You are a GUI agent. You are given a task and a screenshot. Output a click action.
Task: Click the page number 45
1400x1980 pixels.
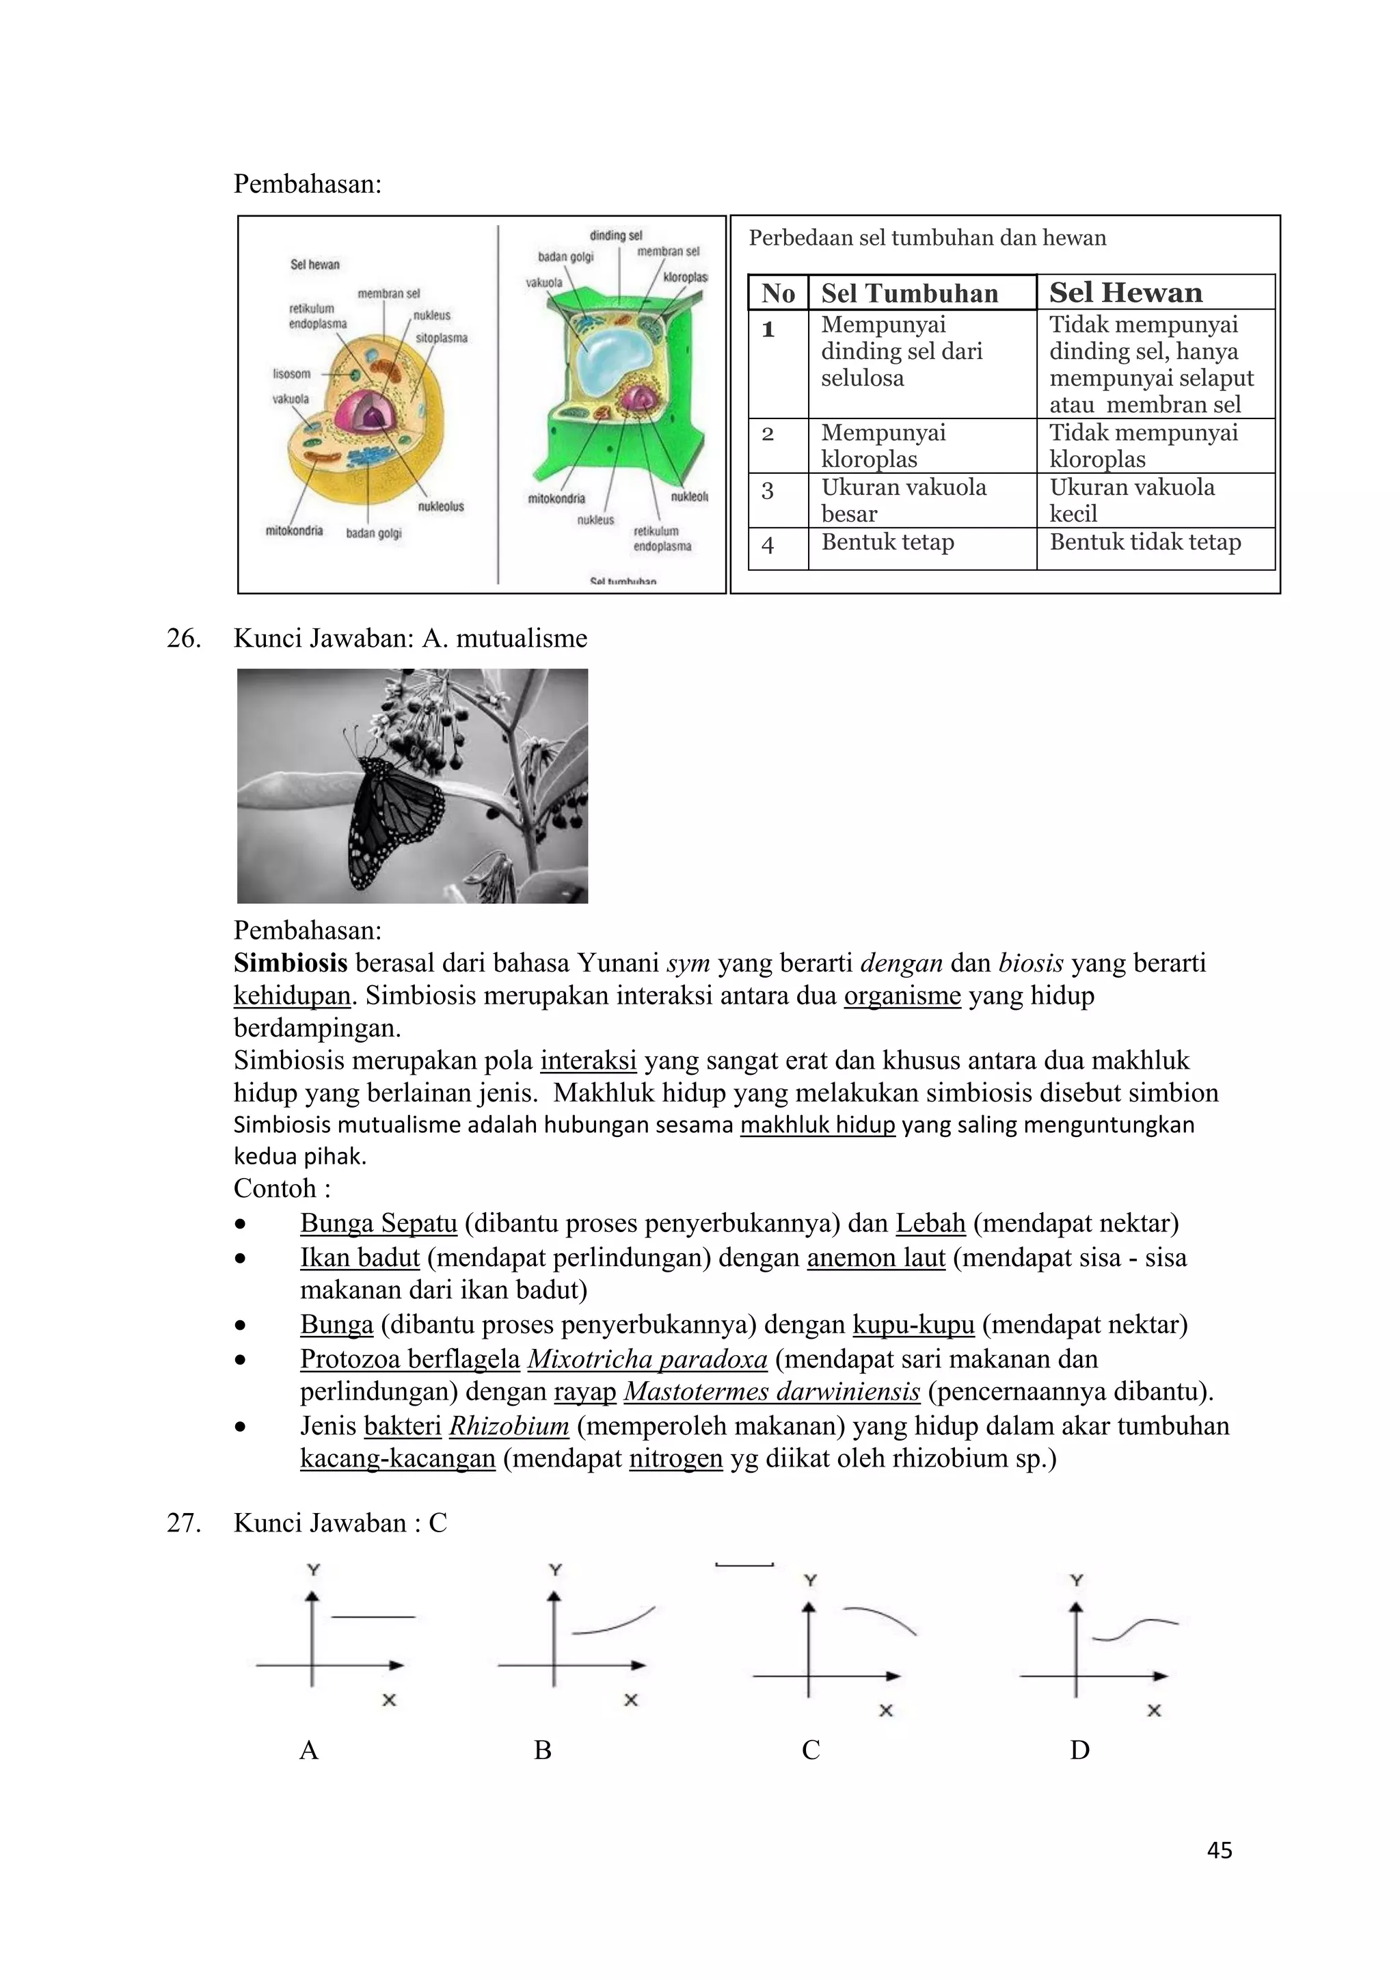point(1219,1850)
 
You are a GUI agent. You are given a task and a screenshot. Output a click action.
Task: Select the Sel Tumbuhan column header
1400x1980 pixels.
point(909,293)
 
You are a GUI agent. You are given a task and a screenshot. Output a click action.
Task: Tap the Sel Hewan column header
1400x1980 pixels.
point(1125,293)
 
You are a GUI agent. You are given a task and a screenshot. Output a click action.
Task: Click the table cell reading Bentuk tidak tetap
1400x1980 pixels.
point(1145,542)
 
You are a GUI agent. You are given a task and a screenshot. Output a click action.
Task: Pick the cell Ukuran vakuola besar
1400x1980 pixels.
point(904,500)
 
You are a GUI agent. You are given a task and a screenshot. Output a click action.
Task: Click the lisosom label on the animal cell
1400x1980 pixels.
point(291,373)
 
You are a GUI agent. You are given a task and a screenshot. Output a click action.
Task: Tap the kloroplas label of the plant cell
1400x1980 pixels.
point(686,278)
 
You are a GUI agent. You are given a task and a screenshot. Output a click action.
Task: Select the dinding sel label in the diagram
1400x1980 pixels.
point(615,235)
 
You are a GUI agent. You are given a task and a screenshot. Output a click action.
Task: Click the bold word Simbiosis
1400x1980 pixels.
point(291,963)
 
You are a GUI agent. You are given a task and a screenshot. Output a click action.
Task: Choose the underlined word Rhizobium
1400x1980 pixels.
point(509,1426)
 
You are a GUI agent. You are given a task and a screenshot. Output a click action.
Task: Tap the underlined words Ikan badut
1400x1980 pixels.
point(360,1257)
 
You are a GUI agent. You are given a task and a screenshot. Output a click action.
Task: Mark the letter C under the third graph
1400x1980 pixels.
point(810,1750)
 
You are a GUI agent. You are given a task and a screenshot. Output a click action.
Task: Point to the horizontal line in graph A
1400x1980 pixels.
point(373,1617)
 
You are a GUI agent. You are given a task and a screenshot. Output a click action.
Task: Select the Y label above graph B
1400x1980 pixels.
point(555,1570)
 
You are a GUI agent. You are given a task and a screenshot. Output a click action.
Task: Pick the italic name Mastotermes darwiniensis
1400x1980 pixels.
point(772,1391)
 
